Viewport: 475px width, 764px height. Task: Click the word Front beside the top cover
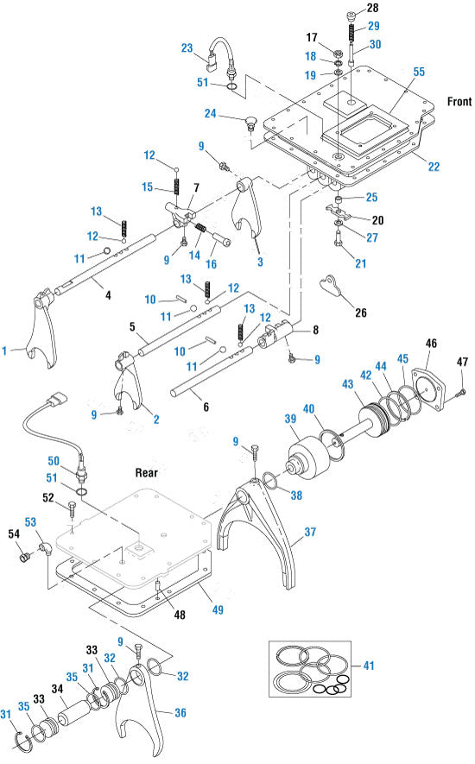459,101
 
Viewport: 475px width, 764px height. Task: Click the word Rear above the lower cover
146,472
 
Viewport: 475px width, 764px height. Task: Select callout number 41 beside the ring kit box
369,665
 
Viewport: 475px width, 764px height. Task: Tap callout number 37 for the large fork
310,532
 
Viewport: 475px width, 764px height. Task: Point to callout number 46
431,343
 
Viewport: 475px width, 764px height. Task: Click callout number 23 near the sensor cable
187,47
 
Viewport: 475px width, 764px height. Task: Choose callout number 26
361,313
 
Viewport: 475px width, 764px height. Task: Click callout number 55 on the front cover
419,72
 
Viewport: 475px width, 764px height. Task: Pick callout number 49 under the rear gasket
218,609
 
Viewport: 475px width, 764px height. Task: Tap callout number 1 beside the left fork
5,350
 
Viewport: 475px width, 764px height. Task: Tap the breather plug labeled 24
251,123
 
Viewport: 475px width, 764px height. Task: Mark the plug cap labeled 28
351,16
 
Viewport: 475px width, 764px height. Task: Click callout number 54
14,534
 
